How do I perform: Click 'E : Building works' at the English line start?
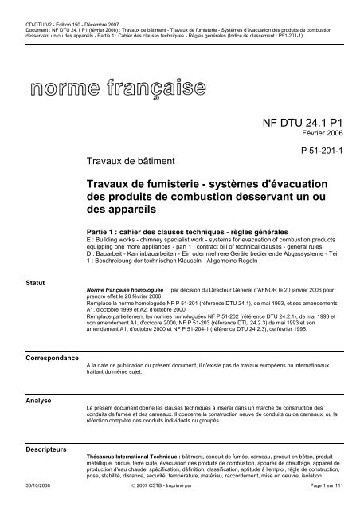click(x=116, y=237)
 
